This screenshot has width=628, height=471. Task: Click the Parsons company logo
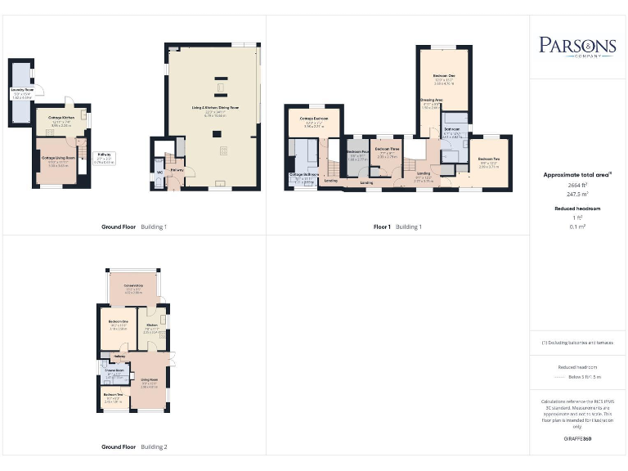(576, 46)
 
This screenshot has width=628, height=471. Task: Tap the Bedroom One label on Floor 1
(444, 75)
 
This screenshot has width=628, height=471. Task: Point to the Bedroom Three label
(387, 149)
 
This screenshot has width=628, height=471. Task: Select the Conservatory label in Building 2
(133, 285)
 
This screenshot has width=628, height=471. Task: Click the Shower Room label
(113, 370)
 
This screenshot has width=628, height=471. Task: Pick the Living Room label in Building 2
(149, 379)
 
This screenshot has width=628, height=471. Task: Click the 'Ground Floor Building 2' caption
(134, 447)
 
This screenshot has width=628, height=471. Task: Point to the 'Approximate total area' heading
(576, 174)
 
